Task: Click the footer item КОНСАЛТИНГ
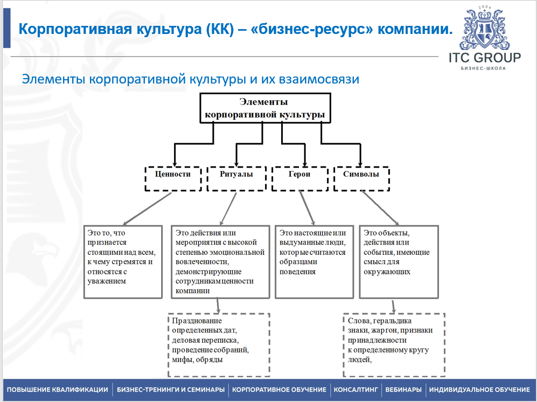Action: (355, 390)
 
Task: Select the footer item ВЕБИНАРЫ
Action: (403, 390)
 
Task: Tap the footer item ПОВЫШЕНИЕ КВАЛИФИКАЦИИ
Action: (57, 390)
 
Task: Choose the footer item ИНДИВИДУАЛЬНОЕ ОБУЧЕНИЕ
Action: (479, 390)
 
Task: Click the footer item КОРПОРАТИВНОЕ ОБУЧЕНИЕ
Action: (279, 390)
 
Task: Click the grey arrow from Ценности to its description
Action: (147, 209)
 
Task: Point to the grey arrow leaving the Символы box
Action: (380, 208)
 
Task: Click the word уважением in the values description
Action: (107, 281)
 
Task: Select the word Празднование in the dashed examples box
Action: (197, 321)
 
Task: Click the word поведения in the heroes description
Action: (297, 272)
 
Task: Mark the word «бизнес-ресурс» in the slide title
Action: (312, 29)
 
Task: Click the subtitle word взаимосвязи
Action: (319, 79)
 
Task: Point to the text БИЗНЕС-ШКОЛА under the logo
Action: (483, 68)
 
